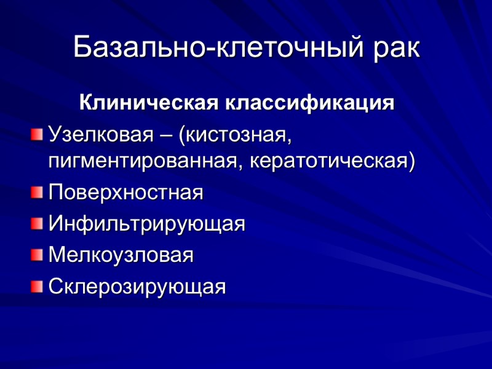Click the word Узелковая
[101, 134]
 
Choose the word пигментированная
[139, 162]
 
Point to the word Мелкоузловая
[121, 255]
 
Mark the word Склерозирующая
[137, 286]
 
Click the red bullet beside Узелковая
[38, 133]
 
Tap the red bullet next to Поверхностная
[38, 192]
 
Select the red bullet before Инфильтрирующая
[38, 223]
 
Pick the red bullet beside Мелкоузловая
[38, 254]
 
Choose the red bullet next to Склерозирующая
[38, 285]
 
